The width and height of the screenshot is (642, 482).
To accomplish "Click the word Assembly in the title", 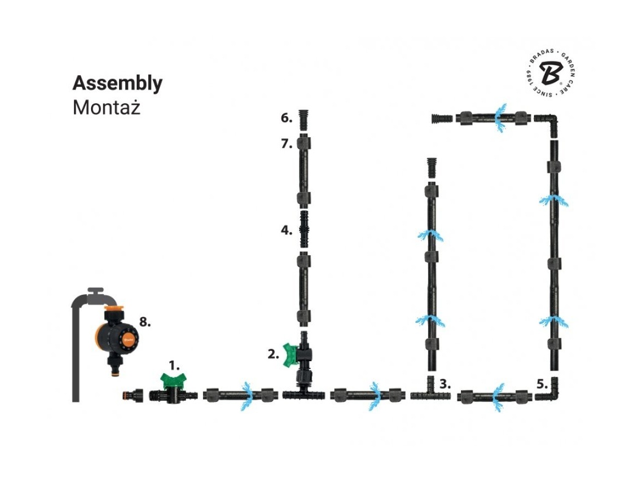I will tap(117, 83).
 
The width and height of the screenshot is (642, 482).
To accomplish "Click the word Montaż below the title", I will tap(106, 108).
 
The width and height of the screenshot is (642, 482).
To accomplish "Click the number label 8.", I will tap(144, 322).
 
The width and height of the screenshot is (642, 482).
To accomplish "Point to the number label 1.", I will tap(174, 365).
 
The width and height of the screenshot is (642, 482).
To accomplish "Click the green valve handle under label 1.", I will tap(173, 379).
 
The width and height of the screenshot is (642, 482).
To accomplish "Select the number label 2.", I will tap(273, 355).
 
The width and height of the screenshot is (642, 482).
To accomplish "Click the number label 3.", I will tap(445, 384).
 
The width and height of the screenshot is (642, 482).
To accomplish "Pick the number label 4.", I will tap(286, 230).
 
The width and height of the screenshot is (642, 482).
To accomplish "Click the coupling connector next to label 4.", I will tap(303, 229).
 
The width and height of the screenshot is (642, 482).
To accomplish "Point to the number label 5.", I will tap(542, 384).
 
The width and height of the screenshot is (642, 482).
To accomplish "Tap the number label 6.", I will tap(286, 117).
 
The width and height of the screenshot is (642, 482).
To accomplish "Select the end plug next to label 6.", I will tap(303, 119).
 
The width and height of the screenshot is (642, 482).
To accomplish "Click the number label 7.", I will tap(286, 144).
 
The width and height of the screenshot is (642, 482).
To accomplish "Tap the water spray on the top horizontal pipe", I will tap(499, 117).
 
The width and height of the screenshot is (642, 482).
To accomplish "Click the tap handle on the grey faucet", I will tap(97, 290).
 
